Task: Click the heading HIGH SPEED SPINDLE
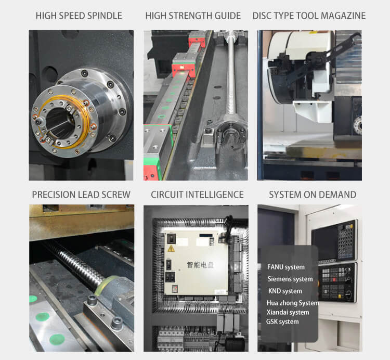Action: (x=79, y=16)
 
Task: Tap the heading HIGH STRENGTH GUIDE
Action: (x=193, y=16)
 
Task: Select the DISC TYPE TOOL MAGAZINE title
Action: (x=309, y=16)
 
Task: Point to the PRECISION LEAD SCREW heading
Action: (x=81, y=195)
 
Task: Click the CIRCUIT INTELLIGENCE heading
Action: (x=197, y=195)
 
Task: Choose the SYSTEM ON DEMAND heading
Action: (x=313, y=195)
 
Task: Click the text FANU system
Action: (x=286, y=267)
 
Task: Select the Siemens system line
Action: (x=290, y=279)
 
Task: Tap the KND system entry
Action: (x=285, y=291)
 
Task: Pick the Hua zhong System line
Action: (x=293, y=303)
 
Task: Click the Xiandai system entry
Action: (x=288, y=312)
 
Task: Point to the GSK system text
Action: (x=282, y=322)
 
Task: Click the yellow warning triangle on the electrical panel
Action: (x=171, y=248)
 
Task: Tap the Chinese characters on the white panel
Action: (x=200, y=265)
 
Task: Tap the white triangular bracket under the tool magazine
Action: (x=313, y=111)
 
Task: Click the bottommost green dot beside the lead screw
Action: (x=57, y=340)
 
